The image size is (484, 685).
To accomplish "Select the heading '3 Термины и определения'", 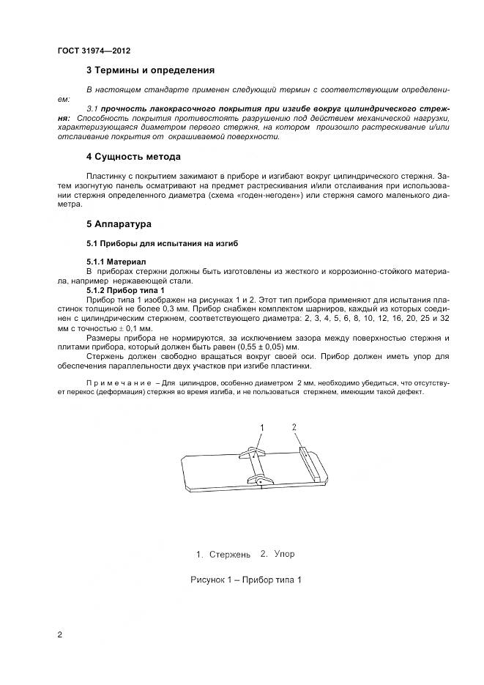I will (x=150, y=71).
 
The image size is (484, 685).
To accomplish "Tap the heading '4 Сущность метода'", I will (x=133, y=157).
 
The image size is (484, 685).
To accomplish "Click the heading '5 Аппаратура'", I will (x=119, y=223).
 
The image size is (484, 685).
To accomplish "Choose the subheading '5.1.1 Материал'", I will (x=116, y=261).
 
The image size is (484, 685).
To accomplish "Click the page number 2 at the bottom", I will (x=60, y=634).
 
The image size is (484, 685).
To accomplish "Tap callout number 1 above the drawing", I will (x=261, y=427).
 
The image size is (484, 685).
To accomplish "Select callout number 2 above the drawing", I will (x=294, y=426).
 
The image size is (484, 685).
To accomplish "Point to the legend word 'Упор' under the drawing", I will (x=284, y=553).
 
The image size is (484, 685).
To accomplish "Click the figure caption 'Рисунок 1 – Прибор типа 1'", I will (x=246, y=580).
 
